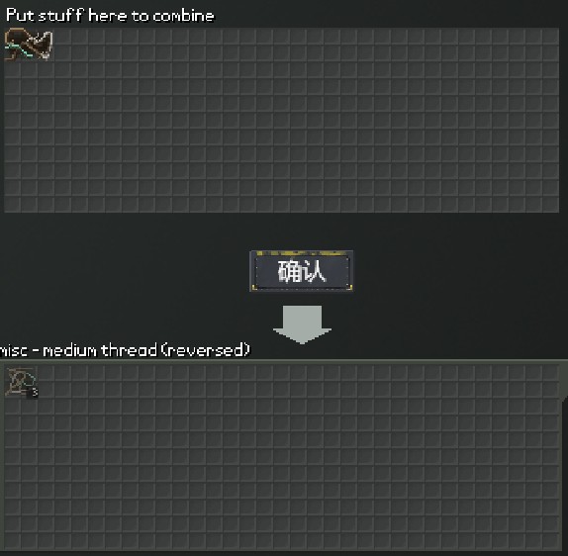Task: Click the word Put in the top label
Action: tap(20, 16)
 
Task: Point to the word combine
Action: tap(183, 16)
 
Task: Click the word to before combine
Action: tap(140, 16)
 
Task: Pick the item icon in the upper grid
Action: tap(29, 45)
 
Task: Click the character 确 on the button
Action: tap(289, 271)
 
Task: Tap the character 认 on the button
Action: tap(314, 271)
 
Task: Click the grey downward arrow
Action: tap(302, 324)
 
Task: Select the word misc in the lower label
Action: tap(13, 350)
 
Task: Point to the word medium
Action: tap(70, 350)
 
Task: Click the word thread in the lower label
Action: tap(129, 350)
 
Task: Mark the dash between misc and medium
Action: tap(36, 351)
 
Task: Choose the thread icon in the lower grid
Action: tap(22, 382)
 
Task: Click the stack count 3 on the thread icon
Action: tap(35, 392)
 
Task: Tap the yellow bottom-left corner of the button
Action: tap(254, 287)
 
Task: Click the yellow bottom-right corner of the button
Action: tap(349, 287)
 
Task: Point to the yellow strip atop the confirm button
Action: tap(301, 253)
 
